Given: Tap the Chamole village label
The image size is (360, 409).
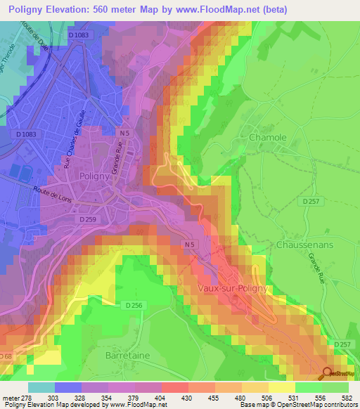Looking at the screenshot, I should pos(267,138).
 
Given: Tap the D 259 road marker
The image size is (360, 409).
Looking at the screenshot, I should pos(87,220).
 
